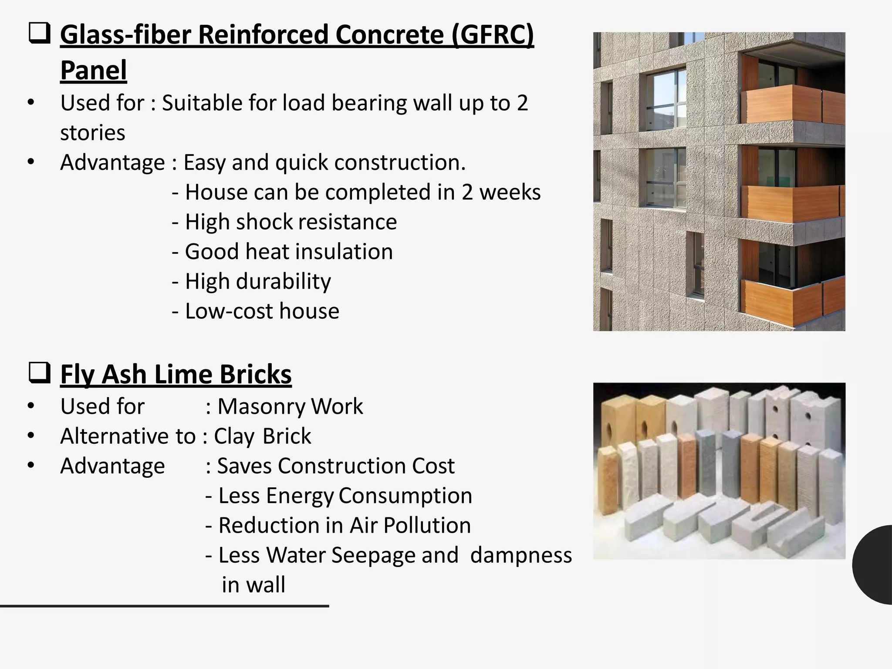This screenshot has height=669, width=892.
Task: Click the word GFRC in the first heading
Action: (x=492, y=35)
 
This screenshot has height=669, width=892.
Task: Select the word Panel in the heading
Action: (x=93, y=71)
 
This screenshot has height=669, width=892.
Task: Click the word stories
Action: (x=92, y=132)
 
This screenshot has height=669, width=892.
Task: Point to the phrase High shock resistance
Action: (x=291, y=222)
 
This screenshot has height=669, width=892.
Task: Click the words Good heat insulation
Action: (x=289, y=252)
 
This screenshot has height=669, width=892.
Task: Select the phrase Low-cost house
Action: (x=262, y=311)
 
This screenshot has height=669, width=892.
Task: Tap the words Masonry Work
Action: (x=290, y=406)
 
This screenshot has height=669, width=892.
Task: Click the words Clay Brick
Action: (x=262, y=436)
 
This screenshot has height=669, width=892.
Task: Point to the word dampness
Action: (x=521, y=555)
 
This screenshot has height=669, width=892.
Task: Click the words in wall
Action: (x=253, y=585)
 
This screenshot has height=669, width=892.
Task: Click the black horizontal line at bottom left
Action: (x=164, y=606)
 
